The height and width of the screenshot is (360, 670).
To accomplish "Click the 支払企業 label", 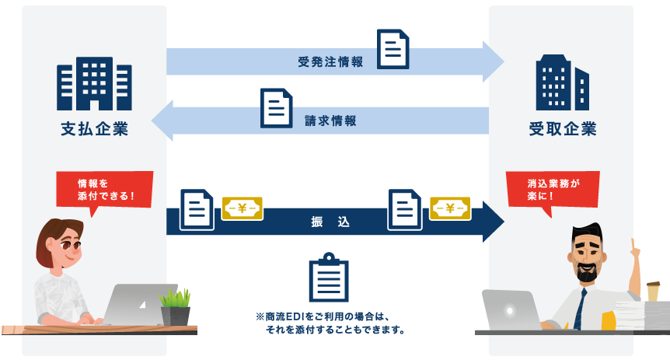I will tap(94, 128).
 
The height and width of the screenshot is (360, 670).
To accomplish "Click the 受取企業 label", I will tap(562, 128).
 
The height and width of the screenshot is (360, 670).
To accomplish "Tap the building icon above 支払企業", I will tap(94, 84).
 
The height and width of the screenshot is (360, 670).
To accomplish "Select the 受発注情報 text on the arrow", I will tap(330, 62).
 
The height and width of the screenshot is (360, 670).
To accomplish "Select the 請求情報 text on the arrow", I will tap(331, 121).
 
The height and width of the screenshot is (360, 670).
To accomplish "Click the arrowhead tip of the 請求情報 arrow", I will tap(155, 121).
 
